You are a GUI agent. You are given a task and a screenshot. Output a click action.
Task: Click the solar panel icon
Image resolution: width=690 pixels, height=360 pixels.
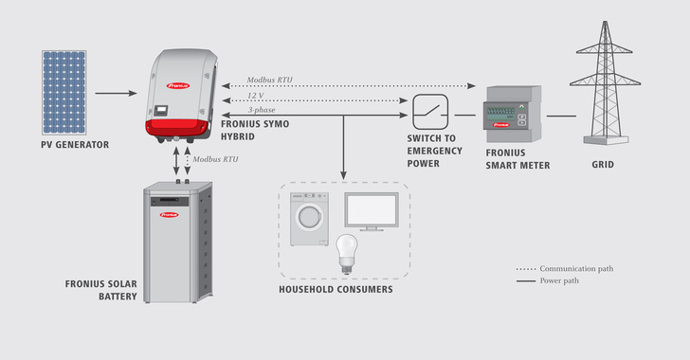click(x=63, y=92)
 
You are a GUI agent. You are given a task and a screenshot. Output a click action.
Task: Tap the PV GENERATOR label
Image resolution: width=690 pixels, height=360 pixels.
click(x=75, y=145)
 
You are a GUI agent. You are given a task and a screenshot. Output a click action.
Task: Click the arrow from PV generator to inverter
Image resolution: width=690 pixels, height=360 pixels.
click(x=116, y=93)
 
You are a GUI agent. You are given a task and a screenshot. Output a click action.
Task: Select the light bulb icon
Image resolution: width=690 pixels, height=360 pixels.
click(x=347, y=250)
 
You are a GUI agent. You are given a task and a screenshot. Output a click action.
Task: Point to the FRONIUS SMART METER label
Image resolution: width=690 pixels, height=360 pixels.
click(x=517, y=158)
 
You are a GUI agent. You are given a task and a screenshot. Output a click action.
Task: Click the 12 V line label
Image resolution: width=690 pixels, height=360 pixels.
click(x=256, y=97)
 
